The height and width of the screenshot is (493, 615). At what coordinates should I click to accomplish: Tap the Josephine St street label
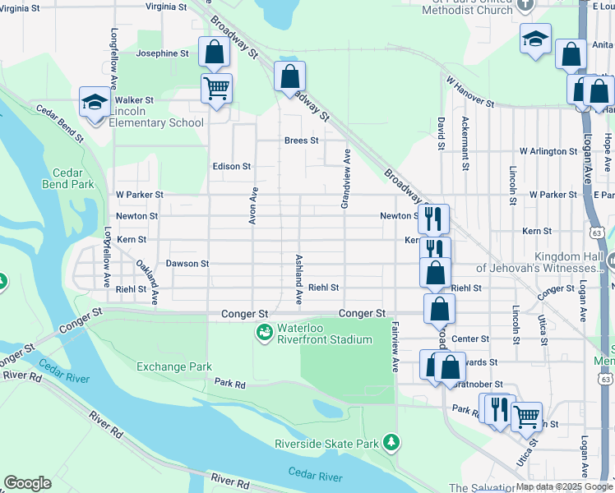[x=162, y=53]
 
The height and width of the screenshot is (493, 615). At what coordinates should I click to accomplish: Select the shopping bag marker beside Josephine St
[x=214, y=52]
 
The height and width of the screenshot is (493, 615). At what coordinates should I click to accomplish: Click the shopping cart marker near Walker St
[x=217, y=89]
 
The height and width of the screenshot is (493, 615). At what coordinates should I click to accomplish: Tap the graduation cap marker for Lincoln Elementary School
[x=95, y=104]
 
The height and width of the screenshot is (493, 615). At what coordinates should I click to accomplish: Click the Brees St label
[x=301, y=141]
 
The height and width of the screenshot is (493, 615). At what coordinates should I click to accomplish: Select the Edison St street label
[x=231, y=166]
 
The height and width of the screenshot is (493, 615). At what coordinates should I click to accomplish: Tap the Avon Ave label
[x=254, y=205]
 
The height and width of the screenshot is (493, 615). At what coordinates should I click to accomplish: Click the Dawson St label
[x=187, y=264]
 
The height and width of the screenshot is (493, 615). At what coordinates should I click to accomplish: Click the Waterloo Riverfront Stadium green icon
[x=264, y=333]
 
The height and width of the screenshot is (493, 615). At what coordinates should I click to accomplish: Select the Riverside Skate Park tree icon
[x=392, y=444]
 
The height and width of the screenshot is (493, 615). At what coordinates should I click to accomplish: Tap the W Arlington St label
[x=548, y=152]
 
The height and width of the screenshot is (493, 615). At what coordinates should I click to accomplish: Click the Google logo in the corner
[x=27, y=483]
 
